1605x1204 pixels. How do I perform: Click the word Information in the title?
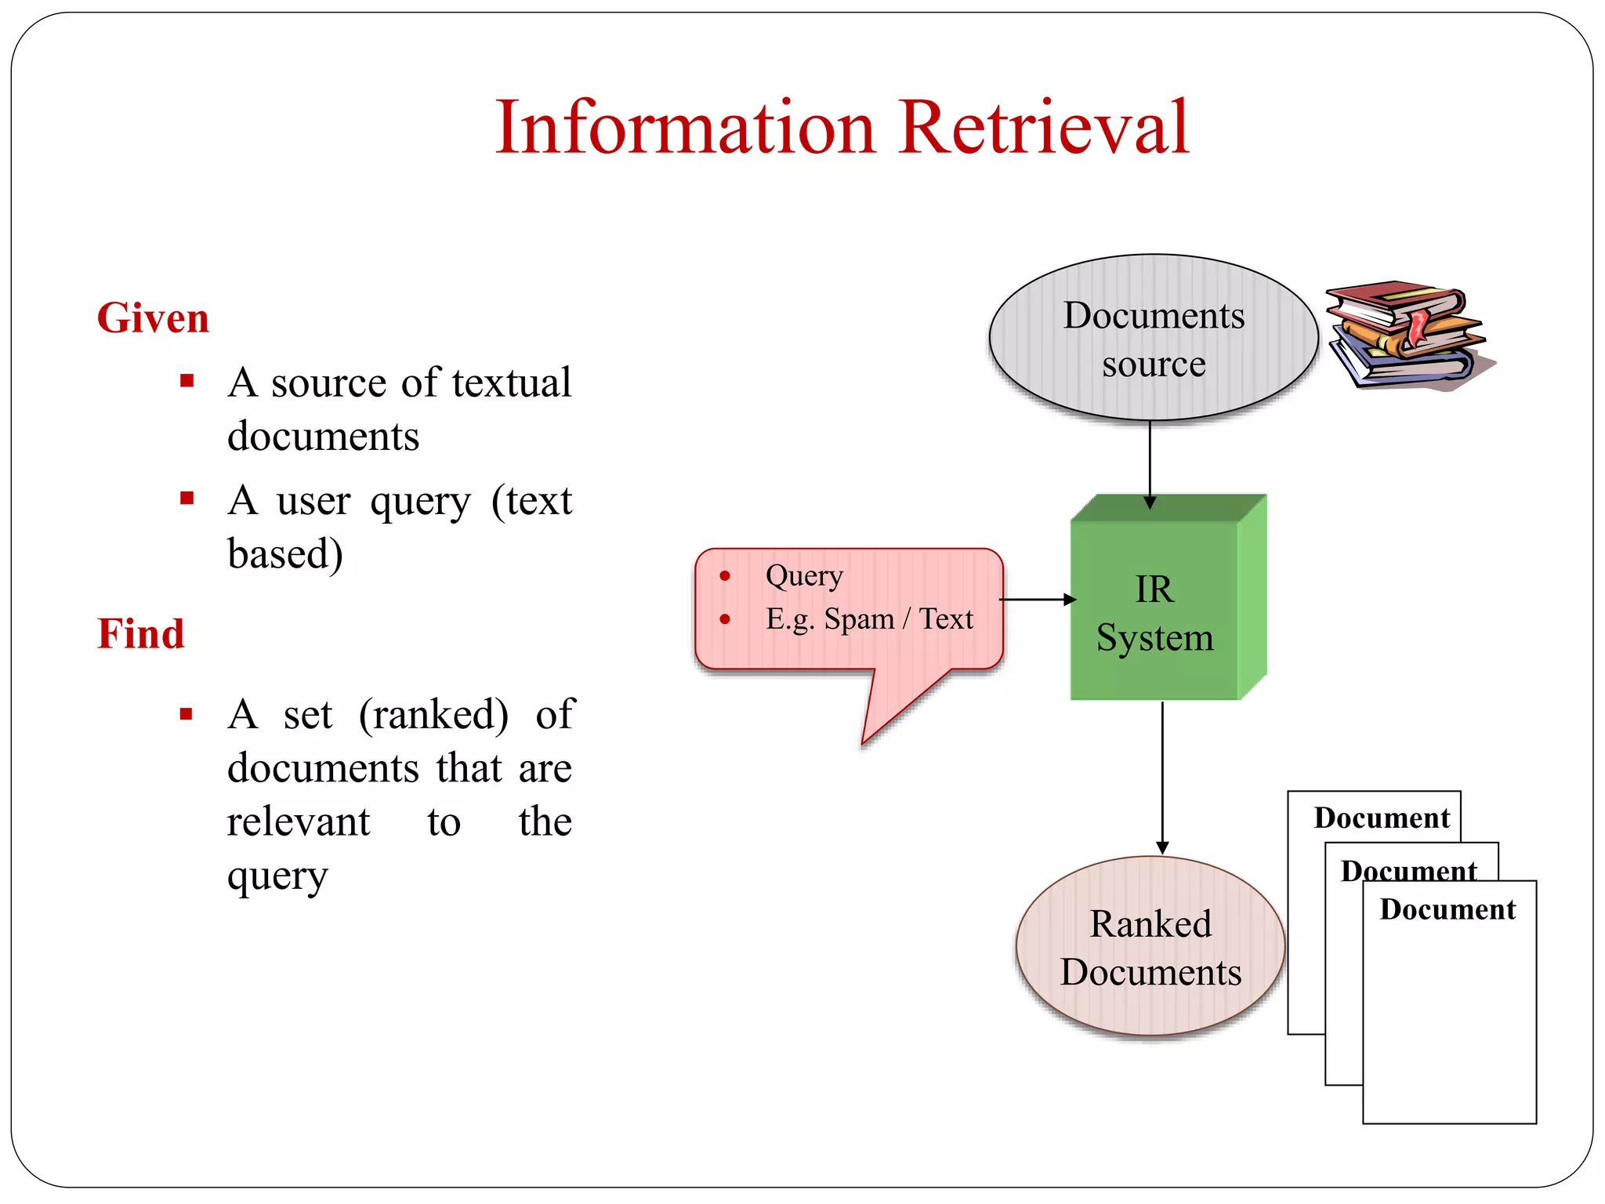[685, 127]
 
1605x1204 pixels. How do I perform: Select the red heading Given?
[153, 318]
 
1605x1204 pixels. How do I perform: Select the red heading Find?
[141, 633]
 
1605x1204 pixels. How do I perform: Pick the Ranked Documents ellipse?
[1150, 947]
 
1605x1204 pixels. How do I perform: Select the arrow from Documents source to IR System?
[1150, 462]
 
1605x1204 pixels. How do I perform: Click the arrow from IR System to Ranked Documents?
[1162, 776]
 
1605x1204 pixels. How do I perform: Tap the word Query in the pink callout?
[804, 576]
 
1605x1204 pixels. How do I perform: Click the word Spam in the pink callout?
[859, 619]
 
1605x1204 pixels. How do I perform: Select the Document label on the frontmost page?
[1447, 909]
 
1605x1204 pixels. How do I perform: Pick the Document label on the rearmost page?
[1382, 818]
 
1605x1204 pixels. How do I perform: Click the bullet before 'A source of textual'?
[187, 382]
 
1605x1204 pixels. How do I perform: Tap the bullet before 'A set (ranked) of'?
[187, 714]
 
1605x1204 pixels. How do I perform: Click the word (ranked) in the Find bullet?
[433, 715]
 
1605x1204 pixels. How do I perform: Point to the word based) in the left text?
[285, 555]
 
